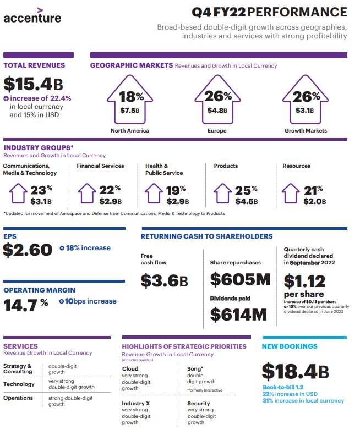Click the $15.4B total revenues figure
(33, 84)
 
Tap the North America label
(130, 131)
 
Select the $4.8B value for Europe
(217, 110)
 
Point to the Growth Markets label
(306, 131)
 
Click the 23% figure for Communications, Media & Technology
(41, 190)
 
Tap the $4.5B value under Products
(246, 201)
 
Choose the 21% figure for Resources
(314, 190)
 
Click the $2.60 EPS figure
(28, 250)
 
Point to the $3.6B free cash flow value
(164, 280)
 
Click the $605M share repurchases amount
(241, 279)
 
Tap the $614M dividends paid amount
(238, 315)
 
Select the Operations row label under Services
(18, 398)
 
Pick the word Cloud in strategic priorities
(130, 369)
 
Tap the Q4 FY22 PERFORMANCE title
(269, 12)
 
